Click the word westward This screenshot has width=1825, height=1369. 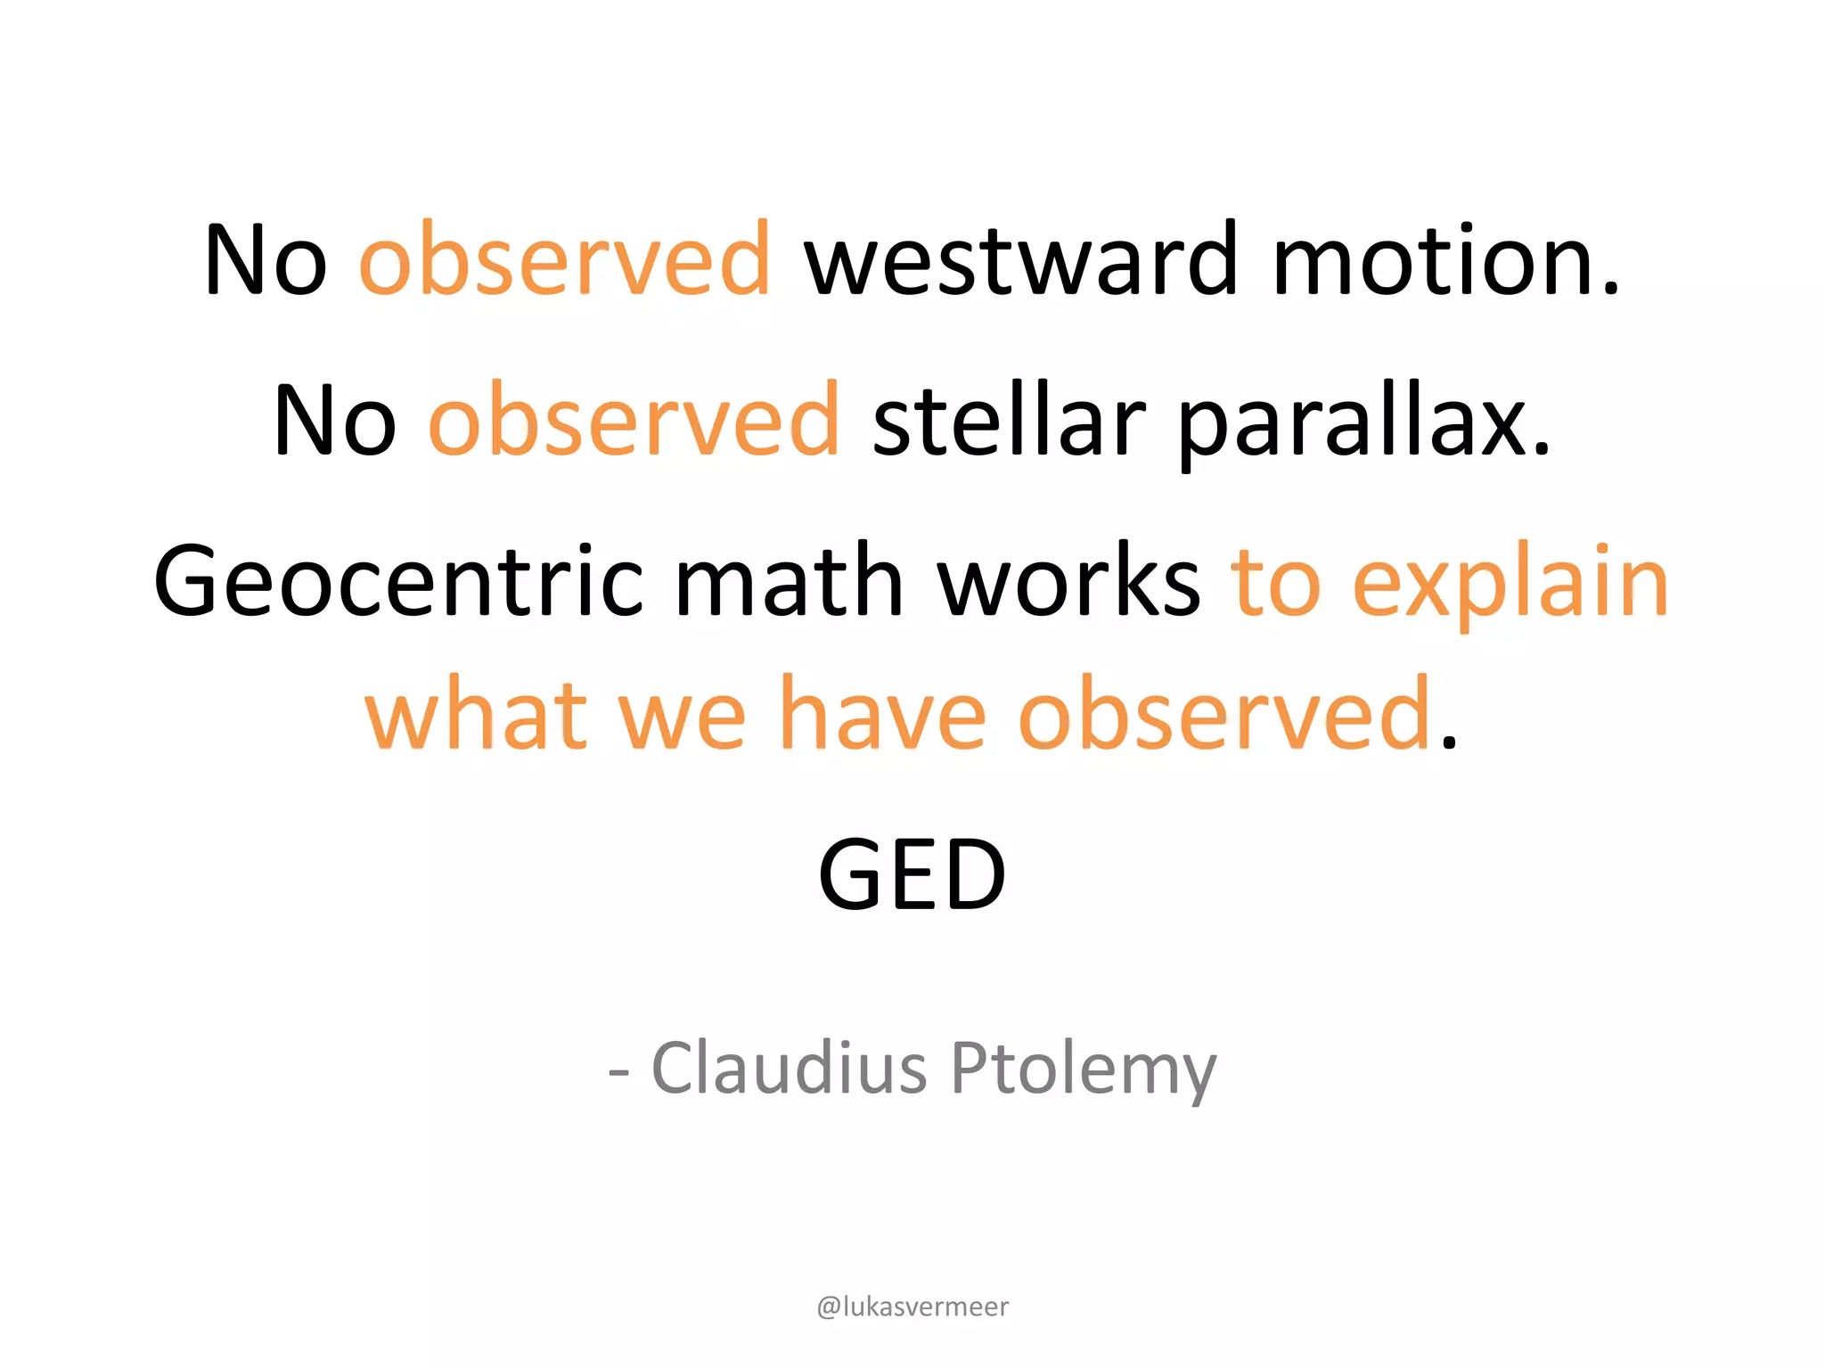(x=1021, y=259)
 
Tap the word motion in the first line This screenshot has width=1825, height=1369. (x=1444, y=259)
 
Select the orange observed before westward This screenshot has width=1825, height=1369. (x=565, y=259)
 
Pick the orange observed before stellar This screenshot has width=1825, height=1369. (x=634, y=420)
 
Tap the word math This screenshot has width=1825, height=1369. (x=790, y=581)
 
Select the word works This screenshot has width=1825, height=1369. (x=1069, y=581)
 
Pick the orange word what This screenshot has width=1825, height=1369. (x=476, y=714)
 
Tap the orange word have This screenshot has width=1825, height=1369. (x=882, y=714)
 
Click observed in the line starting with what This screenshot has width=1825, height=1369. (x=1224, y=714)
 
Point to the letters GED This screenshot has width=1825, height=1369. (x=912, y=875)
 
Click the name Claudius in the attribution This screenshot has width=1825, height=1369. (x=790, y=1067)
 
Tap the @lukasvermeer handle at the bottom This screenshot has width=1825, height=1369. (x=912, y=1307)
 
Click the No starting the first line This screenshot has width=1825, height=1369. (x=266, y=259)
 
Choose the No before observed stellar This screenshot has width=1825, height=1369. (x=335, y=420)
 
